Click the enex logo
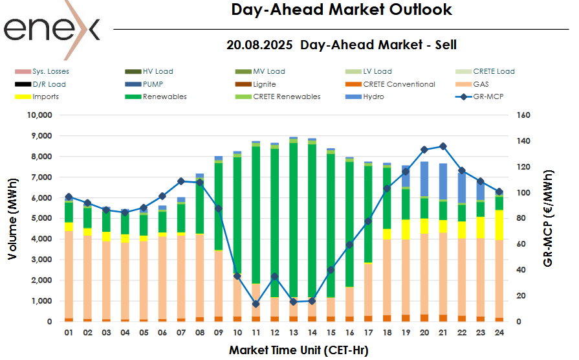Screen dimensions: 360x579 [52, 29]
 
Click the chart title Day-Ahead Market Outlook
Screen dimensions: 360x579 [342, 10]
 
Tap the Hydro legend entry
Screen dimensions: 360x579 [373, 96]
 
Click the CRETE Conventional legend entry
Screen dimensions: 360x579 [399, 84]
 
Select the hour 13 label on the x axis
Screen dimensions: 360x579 [293, 332]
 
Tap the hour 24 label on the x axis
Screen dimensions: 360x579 [499, 332]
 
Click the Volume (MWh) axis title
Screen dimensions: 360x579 [12, 219]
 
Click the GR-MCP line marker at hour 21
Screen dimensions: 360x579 [443, 146]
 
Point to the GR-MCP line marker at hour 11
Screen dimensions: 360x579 [256, 304]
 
